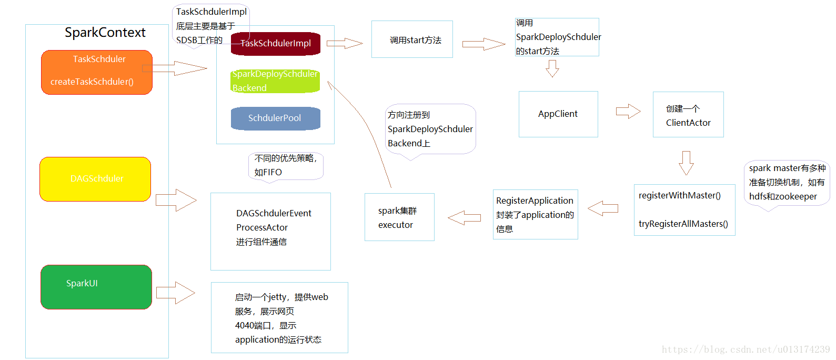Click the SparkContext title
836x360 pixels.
point(105,33)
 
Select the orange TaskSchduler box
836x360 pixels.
point(97,73)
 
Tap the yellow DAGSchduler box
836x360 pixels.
point(95,179)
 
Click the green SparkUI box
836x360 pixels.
point(96,287)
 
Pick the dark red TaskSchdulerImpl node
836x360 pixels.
point(276,44)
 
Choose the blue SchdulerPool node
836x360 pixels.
point(276,118)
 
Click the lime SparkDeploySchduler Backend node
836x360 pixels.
point(276,81)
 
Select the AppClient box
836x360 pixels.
point(558,114)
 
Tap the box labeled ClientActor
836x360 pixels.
point(688,115)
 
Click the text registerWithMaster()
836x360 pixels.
point(680,195)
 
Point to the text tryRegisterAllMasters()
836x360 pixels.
point(683,224)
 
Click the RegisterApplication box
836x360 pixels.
point(536,214)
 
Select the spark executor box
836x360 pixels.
point(399,217)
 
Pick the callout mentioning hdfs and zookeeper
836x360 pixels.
point(787,183)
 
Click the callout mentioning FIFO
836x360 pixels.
point(286,166)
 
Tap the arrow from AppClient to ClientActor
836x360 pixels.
point(628,111)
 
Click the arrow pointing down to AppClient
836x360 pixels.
point(552,68)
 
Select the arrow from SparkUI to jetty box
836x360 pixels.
point(175,293)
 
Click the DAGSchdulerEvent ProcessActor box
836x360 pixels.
point(270,232)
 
